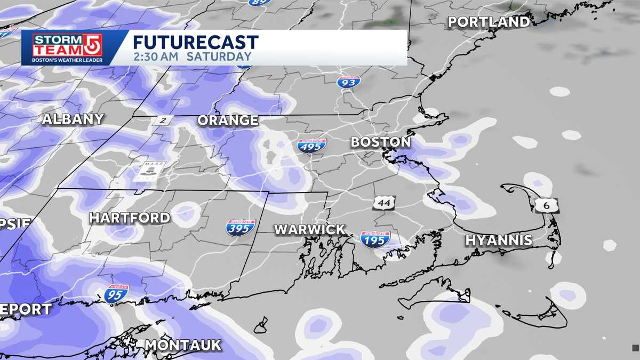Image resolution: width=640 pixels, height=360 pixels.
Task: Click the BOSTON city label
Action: tap(380, 142)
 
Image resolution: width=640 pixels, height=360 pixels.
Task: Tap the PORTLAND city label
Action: tap(489, 22)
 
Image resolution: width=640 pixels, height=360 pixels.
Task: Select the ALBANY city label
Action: tap(73, 119)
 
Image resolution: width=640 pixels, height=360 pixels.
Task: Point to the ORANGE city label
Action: tap(228, 121)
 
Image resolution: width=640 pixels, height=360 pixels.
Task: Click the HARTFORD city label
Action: tap(130, 218)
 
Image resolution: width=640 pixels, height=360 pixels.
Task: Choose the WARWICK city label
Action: tap(309, 229)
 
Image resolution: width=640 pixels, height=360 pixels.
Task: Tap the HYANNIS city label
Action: tap(499, 241)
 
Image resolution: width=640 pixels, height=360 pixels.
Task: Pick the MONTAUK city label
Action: tap(183, 345)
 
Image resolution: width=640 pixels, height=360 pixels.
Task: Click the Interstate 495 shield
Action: tap(312, 145)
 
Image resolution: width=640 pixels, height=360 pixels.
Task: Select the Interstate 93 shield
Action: tap(349, 82)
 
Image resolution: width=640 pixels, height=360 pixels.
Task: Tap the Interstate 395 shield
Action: tap(241, 227)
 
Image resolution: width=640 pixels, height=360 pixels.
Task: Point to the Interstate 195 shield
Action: tap(375, 238)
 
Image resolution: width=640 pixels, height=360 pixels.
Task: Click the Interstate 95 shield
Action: tap(116, 294)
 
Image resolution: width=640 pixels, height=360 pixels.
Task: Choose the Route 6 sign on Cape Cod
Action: tap(549, 205)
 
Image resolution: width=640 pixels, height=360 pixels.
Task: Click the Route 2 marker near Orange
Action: tap(162, 120)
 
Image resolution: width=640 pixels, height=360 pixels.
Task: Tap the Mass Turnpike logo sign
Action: tap(149, 171)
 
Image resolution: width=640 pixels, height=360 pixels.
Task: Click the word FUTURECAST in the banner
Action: tap(196, 43)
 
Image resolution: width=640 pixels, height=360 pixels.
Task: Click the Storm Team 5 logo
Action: tap(68, 47)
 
